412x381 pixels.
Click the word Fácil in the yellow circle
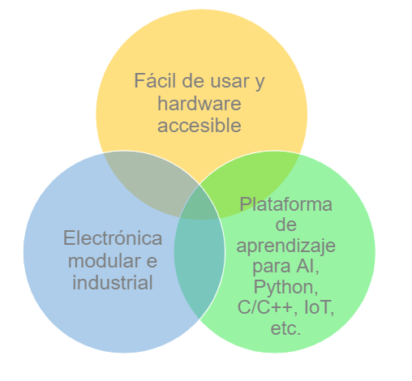click(x=155, y=80)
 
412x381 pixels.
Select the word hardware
click(x=200, y=104)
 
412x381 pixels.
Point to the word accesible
click(x=200, y=126)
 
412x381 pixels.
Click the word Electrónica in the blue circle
click(x=113, y=238)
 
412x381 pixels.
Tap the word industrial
click(x=113, y=283)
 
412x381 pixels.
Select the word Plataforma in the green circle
click(x=286, y=204)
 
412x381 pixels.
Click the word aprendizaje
click(x=286, y=246)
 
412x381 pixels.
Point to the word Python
click(x=285, y=288)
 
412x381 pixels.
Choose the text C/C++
click(x=268, y=307)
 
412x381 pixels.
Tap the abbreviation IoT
click(x=320, y=307)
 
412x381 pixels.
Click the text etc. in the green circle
click(x=285, y=328)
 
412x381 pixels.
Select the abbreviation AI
click(x=307, y=266)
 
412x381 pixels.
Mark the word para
click(x=272, y=268)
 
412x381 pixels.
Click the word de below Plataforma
click(x=286, y=225)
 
